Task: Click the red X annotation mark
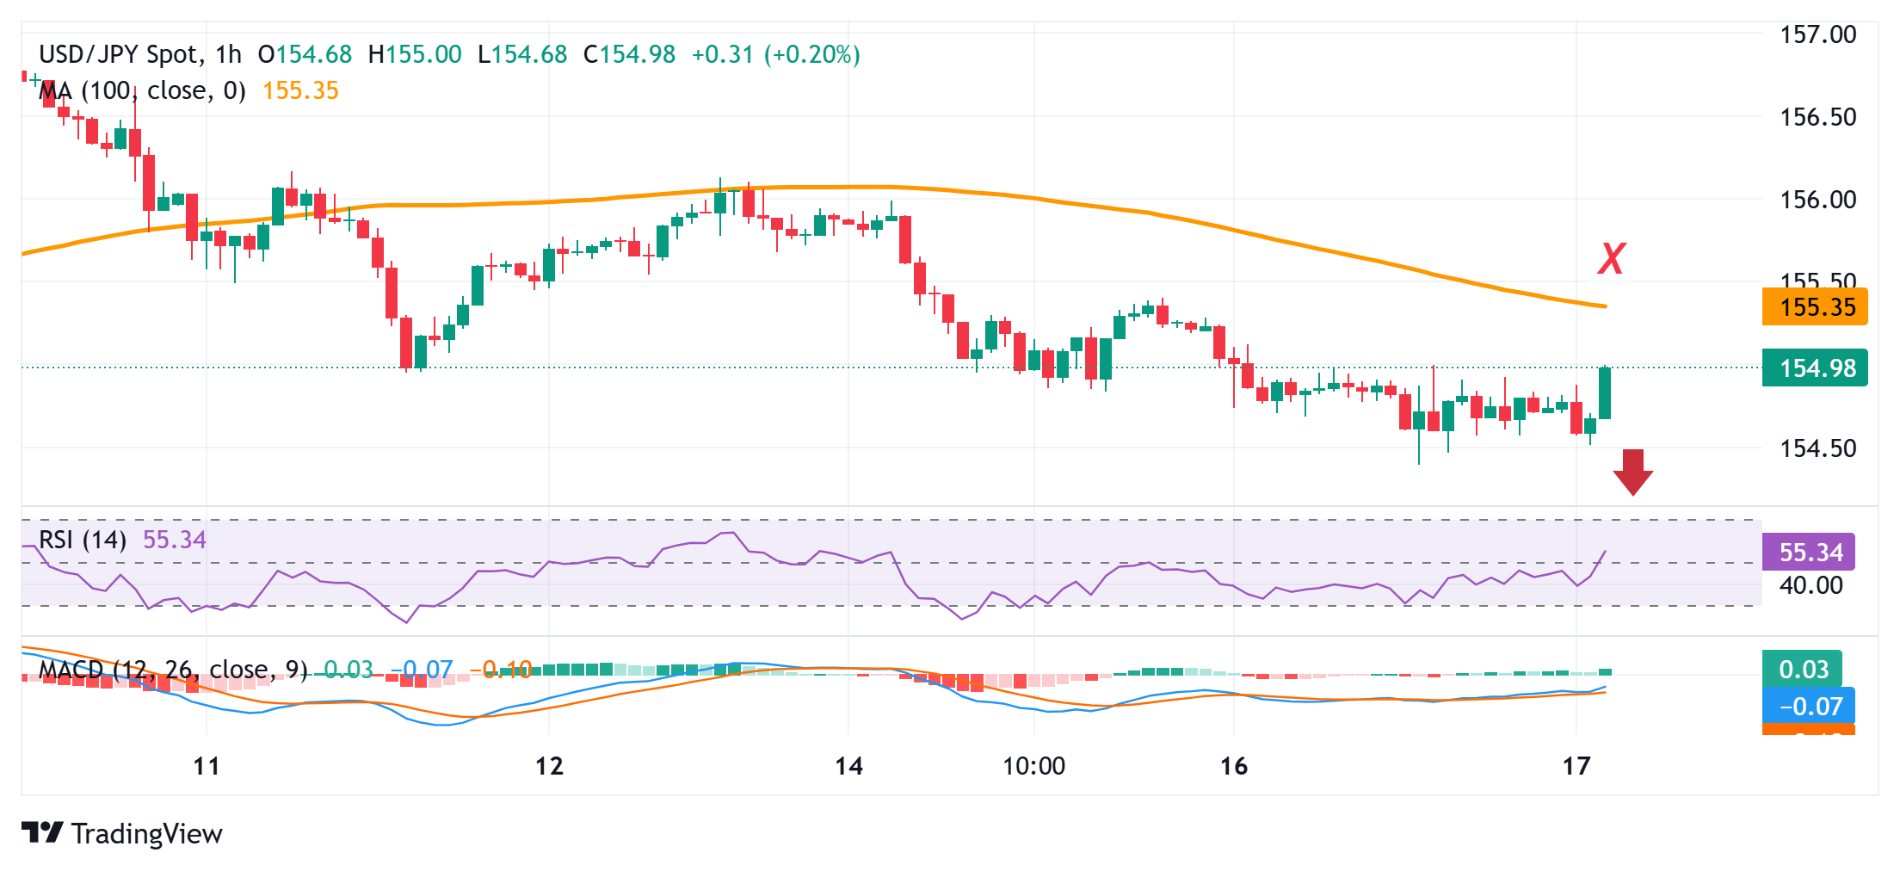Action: point(1611,258)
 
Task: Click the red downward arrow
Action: point(1632,471)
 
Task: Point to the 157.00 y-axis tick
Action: point(1817,35)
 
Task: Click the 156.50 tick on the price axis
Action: point(1817,117)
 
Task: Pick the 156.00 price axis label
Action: point(1817,200)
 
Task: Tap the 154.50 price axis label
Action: point(1817,448)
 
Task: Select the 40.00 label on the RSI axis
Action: point(1811,585)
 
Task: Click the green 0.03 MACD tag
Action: point(1803,670)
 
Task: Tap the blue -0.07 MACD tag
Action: point(1808,707)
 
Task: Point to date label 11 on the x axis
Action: point(207,766)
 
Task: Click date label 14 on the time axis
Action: point(848,766)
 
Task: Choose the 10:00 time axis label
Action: point(1033,766)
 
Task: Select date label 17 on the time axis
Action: point(1576,766)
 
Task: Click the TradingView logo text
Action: point(146,834)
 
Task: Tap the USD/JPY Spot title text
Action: point(119,55)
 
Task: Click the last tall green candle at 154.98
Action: point(1605,393)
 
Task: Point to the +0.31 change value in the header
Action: point(722,55)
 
